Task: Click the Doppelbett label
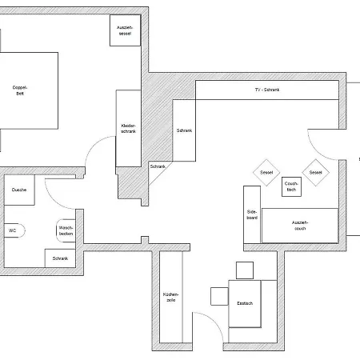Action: click(x=20, y=90)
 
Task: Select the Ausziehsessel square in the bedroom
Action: click(x=125, y=30)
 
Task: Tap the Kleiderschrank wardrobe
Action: click(x=128, y=129)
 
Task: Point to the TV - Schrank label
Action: click(x=267, y=90)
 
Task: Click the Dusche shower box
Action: click(x=19, y=190)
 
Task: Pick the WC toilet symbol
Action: click(x=14, y=230)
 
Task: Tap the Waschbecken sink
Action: click(x=66, y=230)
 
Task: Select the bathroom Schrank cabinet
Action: click(x=60, y=258)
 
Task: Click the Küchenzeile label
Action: click(x=171, y=297)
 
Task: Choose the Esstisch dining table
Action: click(x=245, y=303)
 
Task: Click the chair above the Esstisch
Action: click(x=245, y=270)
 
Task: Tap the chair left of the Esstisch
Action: click(x=219, y=296)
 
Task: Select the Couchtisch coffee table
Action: click(x=291, y=186)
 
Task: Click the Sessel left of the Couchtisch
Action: click(x=266, y=173)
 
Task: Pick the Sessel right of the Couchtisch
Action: click(x=316, y=173)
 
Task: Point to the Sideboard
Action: click(x=252, y=214)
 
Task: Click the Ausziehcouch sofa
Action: click(x=300, y=226)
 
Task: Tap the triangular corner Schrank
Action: click(x=158, y=170)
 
